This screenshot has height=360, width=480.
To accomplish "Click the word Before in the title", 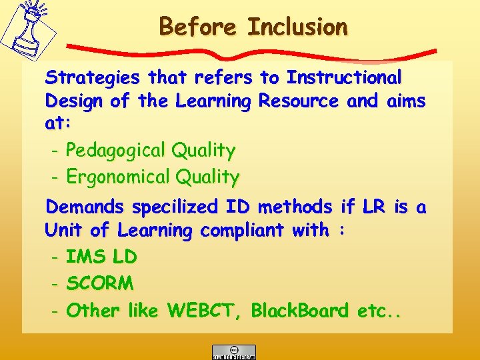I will pos(199,27).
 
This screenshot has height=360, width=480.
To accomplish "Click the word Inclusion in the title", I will pos(297,27).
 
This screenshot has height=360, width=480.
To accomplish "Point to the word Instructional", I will pos(344,78).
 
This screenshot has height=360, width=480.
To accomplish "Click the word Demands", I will pos(85,208).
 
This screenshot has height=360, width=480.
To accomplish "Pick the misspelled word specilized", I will pos(175,208).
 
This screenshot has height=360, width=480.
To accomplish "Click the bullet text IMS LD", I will pos(101,257).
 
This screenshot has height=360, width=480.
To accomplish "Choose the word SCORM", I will pos(100,283).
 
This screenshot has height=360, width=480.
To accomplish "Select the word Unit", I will pos(64,231).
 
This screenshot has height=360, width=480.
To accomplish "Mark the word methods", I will pos(293,208).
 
